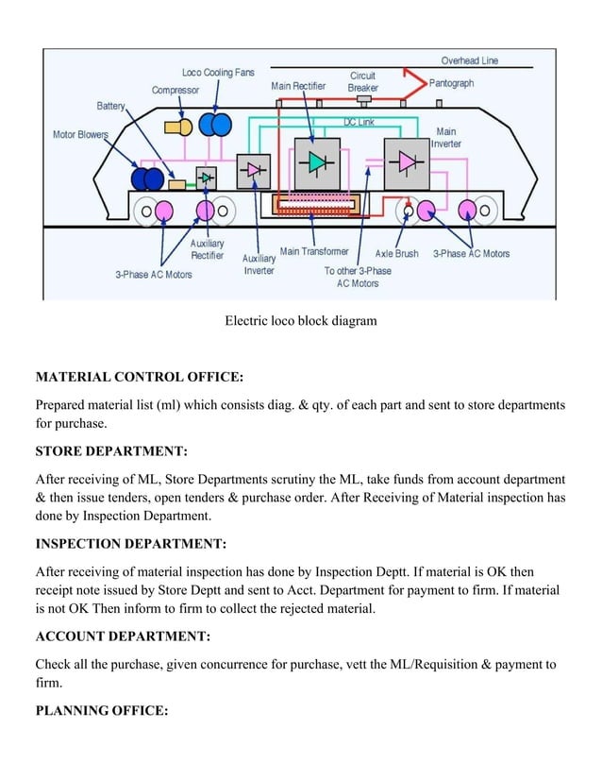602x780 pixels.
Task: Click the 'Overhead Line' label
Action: (470, 60)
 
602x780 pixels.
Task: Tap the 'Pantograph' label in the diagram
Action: (451, 83)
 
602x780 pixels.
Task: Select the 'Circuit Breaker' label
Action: (363, 81)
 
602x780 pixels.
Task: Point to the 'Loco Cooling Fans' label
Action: (218, 73)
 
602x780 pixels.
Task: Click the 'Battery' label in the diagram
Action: (110, 105)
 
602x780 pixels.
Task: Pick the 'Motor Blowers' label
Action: (80, 135)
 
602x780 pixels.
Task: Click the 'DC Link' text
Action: (358, 123)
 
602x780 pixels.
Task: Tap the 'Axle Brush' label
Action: (396, 253)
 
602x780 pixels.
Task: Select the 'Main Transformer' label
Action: (314, 251)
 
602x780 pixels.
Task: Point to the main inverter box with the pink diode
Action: (407, 161)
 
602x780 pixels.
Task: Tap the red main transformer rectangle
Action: (314, 204)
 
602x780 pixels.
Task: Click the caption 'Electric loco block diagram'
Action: (300, 321)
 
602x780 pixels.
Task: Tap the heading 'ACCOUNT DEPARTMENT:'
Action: (123, 636)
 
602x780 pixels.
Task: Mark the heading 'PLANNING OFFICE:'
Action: (101, 710)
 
